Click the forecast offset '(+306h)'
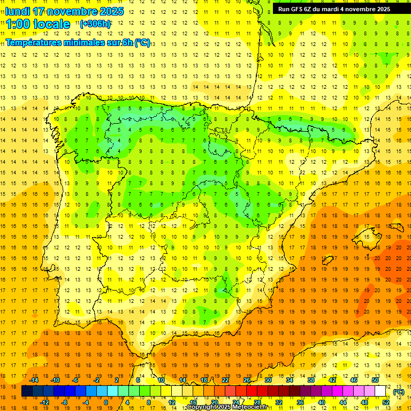pyautogui.click(x=95, y=24)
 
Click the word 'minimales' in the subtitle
pyautogui.click(x=93, y=42)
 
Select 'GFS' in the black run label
pyautogui.click(x=298, y=9)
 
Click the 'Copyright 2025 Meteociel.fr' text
pyautogui.click(x=227, y=407)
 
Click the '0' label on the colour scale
pyautogui.click(x=106, y=402)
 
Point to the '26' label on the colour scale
pyautogui.click(x=247, y=380)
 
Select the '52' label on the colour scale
pyautogui.click(x=386, y=402)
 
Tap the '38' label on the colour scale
pyautogui.click(x=311, y=380)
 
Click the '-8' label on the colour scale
pyautogui.click(x=64, y=402)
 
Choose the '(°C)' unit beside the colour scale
pyautogui.click(x=399, y=392)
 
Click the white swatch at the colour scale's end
pyautogui.click(x=380, y=391)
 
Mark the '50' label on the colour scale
pyautogui.click(x=375, y=380)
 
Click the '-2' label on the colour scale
pyautogui.click(x=96, y=380)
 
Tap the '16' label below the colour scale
pyautogui.click(x=193, y=402)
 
